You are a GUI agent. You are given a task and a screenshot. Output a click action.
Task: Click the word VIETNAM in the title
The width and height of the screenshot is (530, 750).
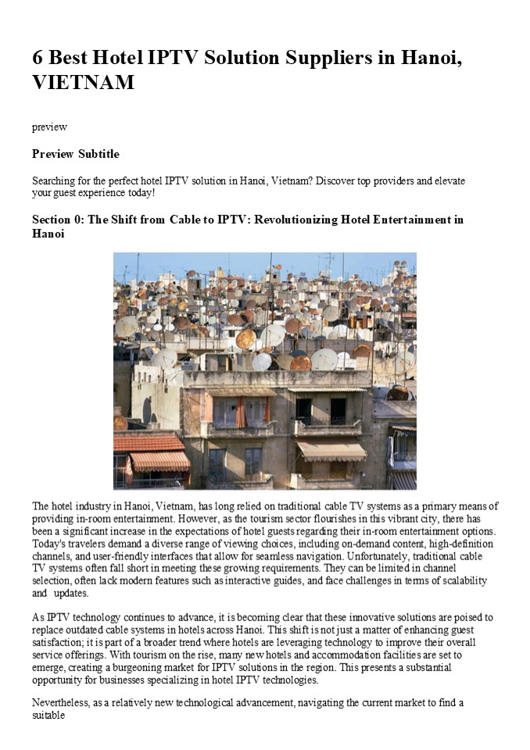84,82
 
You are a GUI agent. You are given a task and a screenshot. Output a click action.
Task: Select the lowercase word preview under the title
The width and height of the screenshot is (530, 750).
49,127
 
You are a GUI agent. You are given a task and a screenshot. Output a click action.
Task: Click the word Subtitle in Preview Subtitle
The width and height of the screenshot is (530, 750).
98,154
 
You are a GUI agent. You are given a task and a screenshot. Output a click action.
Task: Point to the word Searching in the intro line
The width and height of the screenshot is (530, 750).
55,180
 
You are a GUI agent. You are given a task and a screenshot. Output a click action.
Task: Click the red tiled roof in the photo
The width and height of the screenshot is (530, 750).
149,443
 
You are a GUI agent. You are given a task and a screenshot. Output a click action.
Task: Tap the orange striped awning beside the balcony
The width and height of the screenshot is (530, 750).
159,461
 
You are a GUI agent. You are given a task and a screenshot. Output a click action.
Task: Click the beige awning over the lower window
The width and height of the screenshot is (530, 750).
331,451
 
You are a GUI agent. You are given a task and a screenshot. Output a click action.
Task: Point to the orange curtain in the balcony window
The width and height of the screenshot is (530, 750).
241,413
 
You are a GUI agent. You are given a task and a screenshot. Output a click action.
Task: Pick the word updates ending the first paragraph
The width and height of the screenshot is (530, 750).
73,593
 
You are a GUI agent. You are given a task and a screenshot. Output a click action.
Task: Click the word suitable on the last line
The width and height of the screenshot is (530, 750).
49,716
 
